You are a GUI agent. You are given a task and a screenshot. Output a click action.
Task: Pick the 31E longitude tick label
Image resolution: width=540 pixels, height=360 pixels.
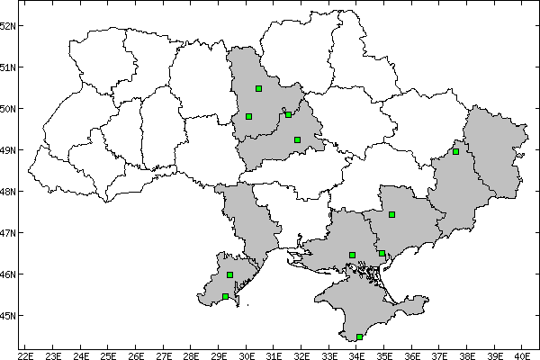(x=274, y=353)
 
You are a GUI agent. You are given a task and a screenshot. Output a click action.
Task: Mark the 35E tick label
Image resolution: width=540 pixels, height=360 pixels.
(x=384, y=353)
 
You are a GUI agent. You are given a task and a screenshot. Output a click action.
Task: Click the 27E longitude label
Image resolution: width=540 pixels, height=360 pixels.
(x=163, y=353)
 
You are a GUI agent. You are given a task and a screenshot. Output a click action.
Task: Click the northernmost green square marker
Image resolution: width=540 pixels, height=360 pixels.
(x=258, y=88)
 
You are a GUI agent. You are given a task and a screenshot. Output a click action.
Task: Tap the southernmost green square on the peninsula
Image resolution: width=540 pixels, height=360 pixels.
(x=359, y=337)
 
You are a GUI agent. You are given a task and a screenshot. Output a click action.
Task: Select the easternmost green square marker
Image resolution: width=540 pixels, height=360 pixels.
(x=455, y=151)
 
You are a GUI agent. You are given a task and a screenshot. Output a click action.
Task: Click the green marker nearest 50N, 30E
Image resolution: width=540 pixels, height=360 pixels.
(x=248, y=116)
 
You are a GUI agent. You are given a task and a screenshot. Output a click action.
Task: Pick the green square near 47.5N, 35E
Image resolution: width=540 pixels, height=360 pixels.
(x=391, y=214)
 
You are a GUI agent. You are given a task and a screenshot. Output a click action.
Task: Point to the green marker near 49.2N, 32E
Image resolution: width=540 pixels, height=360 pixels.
(x=297, y=139)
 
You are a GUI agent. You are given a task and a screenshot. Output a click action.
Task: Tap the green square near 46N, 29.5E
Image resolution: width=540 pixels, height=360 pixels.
(x=229, y=274)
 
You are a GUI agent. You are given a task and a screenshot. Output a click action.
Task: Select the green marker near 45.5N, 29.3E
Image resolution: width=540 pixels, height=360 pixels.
(x=225, y=296)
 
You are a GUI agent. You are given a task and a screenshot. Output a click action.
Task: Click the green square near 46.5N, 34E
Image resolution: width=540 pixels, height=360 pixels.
(x=352, y=255)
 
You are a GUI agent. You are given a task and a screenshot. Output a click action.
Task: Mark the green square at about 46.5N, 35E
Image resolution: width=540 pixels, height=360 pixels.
(x=382, y=254)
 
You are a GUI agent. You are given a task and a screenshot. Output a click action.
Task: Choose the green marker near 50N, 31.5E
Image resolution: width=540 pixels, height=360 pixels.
(x=288, y=114)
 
